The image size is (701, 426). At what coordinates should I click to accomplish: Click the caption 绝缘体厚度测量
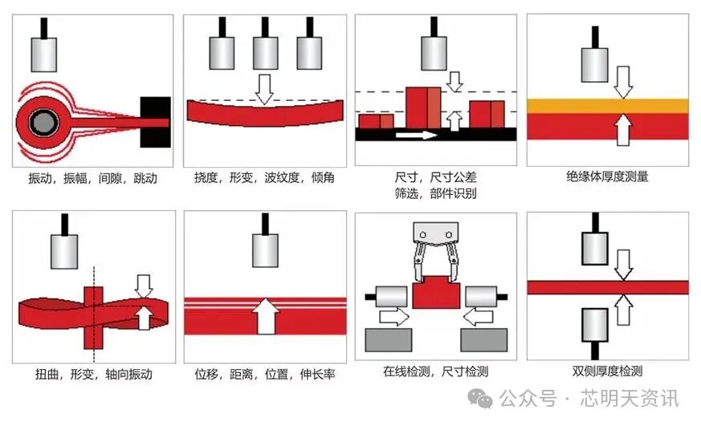[607, 176]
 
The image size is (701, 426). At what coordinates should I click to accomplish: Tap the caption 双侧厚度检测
[607, 371]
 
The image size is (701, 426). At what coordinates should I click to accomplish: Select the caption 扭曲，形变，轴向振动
[94, 374]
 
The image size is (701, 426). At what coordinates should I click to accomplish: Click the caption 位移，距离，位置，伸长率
[265, 374]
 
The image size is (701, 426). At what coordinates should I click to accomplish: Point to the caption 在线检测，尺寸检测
[436, 371]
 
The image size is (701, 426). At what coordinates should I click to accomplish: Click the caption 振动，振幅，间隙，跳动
[93, 178]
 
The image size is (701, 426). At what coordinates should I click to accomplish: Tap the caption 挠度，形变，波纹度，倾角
[265, 178]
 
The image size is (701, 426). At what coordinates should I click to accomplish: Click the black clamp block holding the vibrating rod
[155, 122]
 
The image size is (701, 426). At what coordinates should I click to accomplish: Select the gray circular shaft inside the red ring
[41, 123]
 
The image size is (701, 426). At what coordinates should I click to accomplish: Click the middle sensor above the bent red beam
[265, 52]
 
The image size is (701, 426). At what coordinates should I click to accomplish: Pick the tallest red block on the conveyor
[423, 108]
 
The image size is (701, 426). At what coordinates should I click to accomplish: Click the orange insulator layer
[607, 105]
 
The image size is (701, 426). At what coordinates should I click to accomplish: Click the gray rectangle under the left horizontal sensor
[389, 340]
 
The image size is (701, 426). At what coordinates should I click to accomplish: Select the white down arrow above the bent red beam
[264, 89]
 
